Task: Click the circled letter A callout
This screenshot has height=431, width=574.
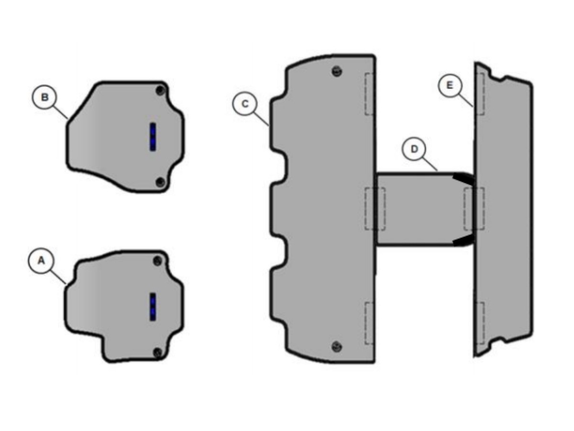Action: click(x=41, y=261)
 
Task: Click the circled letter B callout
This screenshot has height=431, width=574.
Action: click(x=44, y=97)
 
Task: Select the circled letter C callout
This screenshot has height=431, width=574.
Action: click(x=245, y=104)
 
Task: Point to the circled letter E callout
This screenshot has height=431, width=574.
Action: click(x=450, y=85)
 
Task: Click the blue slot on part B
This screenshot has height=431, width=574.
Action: click(x=153, y=136)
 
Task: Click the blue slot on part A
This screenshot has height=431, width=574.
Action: click(x=153, y=306)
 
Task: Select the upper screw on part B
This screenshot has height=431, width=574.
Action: click(x=160, y=91)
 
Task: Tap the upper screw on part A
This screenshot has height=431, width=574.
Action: click(x=157, y=261)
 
